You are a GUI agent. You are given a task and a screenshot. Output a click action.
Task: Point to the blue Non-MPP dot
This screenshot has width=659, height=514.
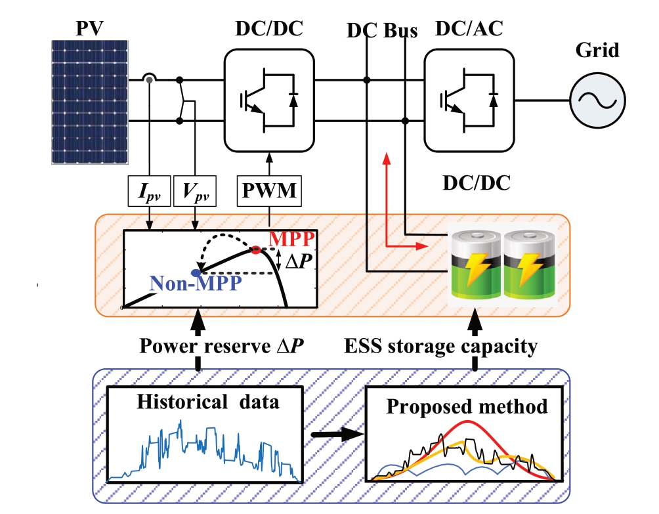coord(196,272)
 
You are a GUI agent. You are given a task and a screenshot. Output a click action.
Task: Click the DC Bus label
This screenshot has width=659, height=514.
coord(382,32)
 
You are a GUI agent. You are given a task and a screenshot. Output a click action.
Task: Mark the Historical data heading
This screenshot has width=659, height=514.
coord(208,402)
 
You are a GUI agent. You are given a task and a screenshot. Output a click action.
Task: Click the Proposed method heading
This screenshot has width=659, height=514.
coord(467,406)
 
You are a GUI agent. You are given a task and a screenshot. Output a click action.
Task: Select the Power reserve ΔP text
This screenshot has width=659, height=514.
coord(221,346)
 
